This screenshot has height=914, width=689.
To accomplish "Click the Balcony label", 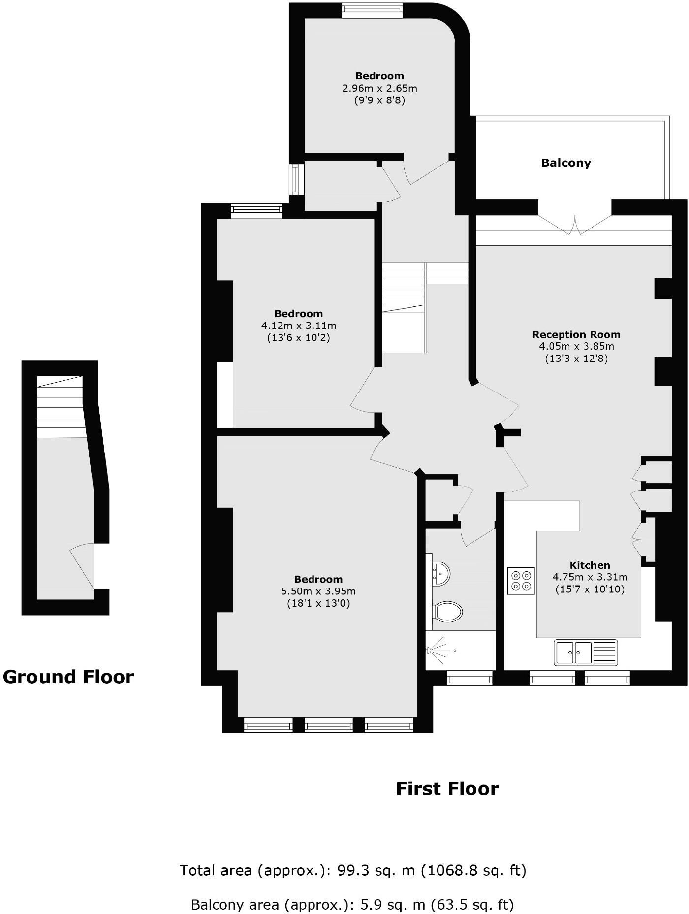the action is click(566, 163).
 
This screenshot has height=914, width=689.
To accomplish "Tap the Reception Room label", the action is click(576, 335).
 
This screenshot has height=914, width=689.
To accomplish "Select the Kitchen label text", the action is click(590, 565).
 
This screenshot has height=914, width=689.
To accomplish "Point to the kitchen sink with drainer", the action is click(586, 653).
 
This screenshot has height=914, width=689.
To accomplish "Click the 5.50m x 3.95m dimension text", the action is click(318, 591).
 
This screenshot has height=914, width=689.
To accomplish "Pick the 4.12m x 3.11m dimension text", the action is click(299, 326).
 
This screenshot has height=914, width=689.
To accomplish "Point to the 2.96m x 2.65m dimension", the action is click(379, 89).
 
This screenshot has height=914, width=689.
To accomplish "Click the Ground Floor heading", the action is click(68, 677).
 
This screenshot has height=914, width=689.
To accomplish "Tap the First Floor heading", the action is click(447, 789).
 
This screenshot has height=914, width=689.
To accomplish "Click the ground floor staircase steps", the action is click(61, 407).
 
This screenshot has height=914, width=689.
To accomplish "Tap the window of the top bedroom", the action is click(373, 10).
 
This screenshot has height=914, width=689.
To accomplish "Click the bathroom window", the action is click(470, 679).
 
